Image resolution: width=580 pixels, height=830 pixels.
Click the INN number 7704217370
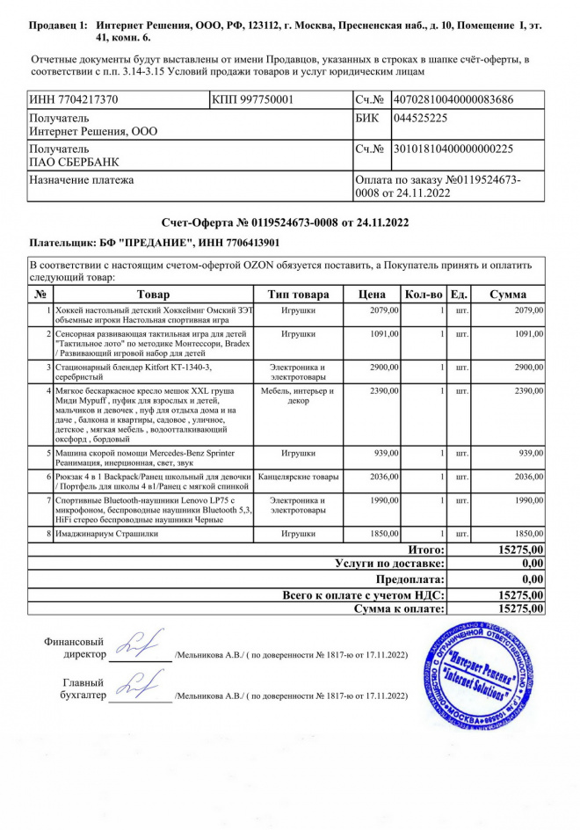pos(75,100)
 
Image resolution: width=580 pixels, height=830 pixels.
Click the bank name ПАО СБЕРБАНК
pos(75,163)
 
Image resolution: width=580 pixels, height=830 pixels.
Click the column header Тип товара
pos(298,295)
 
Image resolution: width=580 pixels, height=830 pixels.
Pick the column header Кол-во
pos(424,295)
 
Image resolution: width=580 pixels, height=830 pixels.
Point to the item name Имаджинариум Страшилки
pos(106,534)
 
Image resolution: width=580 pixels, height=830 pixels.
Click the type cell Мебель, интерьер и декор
pos(298,395)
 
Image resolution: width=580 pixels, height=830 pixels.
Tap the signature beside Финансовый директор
pos(140,647)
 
